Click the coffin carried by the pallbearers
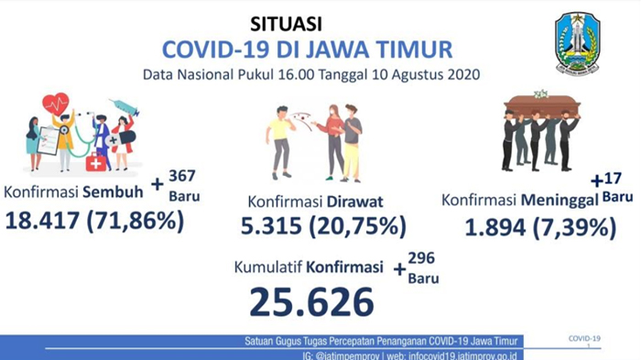[538, 104]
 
